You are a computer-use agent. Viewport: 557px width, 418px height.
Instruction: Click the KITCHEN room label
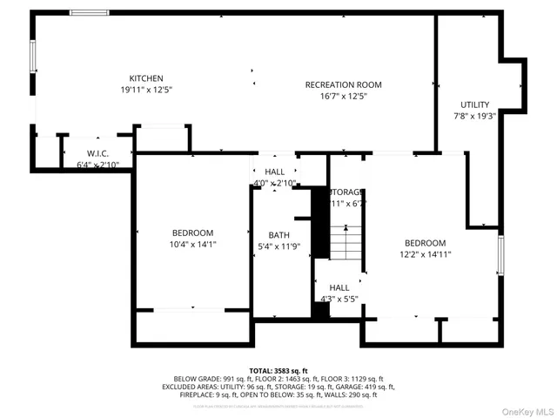(146, 78)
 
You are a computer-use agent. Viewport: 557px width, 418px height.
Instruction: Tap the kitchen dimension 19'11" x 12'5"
(146, 90)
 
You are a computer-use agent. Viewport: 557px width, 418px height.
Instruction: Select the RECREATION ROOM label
(343, 84)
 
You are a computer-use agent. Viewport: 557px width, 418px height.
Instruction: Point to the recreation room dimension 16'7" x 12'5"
(343, 96)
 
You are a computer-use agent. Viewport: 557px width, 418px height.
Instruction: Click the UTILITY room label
(475, 104)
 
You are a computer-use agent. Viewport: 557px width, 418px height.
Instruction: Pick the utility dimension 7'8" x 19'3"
(475, 116)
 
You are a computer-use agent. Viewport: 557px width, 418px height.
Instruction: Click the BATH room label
(278, 235)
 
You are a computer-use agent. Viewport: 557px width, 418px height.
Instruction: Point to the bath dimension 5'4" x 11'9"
(278, 246)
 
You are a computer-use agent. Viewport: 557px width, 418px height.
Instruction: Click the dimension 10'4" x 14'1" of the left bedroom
(192, 245)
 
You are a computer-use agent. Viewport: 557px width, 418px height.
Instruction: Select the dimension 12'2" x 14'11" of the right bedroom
(426, 254)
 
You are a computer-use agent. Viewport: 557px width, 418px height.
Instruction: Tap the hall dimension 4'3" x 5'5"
(339, 299)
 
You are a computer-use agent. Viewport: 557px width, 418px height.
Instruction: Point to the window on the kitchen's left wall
(33, 57)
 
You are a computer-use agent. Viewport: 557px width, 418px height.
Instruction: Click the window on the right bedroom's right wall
(500, 253)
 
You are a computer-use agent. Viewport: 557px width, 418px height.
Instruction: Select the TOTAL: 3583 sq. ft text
(278, 371)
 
